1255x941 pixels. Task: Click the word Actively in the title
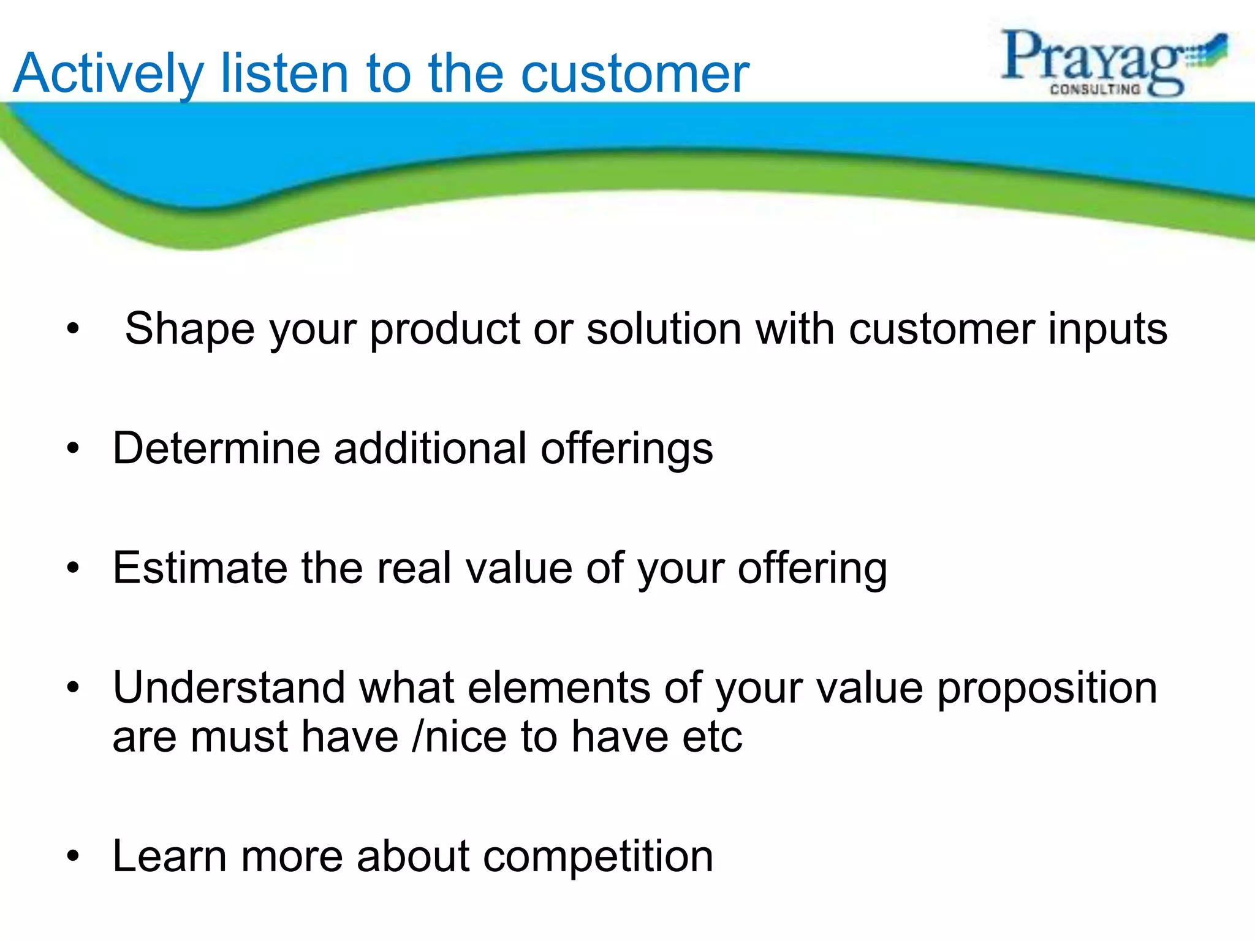[108, 75]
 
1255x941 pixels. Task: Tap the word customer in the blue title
[635, 75]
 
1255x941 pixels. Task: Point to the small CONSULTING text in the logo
[1095, 89]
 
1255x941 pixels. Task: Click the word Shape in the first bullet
[189, 330]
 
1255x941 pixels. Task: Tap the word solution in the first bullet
[664, 330]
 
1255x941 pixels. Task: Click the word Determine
[216, 448]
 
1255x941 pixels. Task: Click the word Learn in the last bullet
[170, 856]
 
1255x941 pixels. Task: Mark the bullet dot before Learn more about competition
[74, 856]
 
